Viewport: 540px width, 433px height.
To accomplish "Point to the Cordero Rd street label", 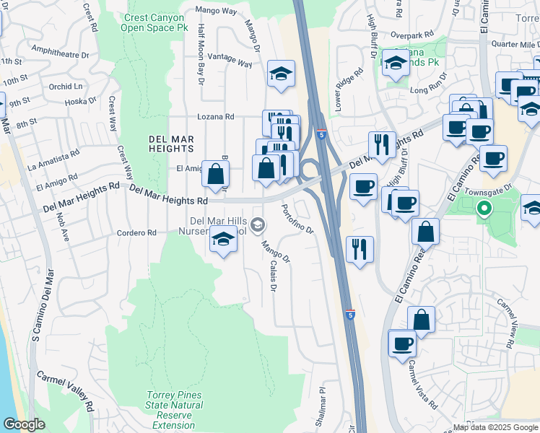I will pos(137,232).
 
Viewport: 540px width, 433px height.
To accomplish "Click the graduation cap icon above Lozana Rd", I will pos(281,73).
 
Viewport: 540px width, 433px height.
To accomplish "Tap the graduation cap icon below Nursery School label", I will pos(224,239).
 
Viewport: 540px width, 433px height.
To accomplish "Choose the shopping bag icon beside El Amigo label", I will pos(215,173).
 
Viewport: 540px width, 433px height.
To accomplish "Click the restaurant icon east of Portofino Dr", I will pos(360,249).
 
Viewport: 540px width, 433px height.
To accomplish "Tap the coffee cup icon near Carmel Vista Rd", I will pos(402,343).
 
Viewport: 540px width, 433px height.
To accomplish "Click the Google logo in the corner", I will pos(24,424).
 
